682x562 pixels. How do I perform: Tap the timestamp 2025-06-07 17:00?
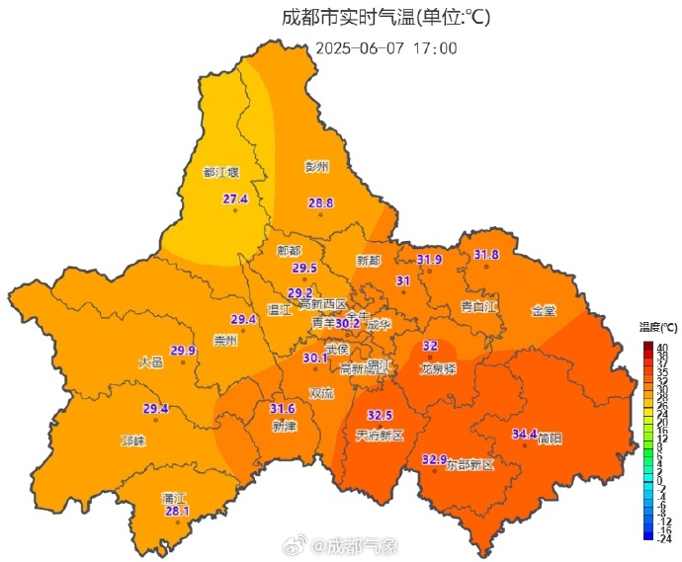pos(386,47)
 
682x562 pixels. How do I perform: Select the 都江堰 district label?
pos(220,172)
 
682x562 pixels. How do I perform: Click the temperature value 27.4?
pos(235,200)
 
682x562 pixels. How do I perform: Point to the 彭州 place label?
pos(316,166)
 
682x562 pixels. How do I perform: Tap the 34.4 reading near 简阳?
pos(525,434)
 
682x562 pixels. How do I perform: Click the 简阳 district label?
pos(550,438)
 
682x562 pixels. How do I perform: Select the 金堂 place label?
pos(544,310)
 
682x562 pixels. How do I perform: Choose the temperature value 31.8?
pos(486,255)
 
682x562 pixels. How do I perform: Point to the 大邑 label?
pos(150,362)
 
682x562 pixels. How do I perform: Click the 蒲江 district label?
pos(174,498)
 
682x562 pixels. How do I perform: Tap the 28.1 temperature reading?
pos(176,511)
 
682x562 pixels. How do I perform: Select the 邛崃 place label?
pos(132,441)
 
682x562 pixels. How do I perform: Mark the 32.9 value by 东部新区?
pos(435,459)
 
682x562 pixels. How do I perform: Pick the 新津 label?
pos(285,427)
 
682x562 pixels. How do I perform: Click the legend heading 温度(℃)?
pos(657,327)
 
